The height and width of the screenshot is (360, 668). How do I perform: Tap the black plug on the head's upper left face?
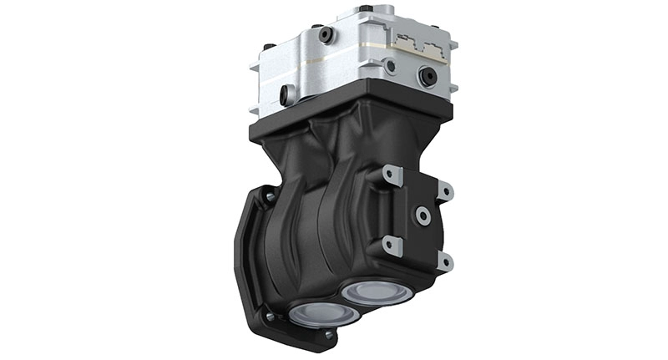click(x=325, y=36)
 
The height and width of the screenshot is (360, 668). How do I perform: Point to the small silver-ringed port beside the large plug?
click(x=389, y=66)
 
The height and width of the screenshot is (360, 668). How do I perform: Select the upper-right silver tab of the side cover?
click(x=444, y=191)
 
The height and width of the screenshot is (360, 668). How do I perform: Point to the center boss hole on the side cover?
click(x=423, y=216)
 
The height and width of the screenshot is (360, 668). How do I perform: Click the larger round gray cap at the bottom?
click(x=374, y=292)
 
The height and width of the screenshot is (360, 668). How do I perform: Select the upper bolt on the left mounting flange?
click(x=269, y=197)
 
